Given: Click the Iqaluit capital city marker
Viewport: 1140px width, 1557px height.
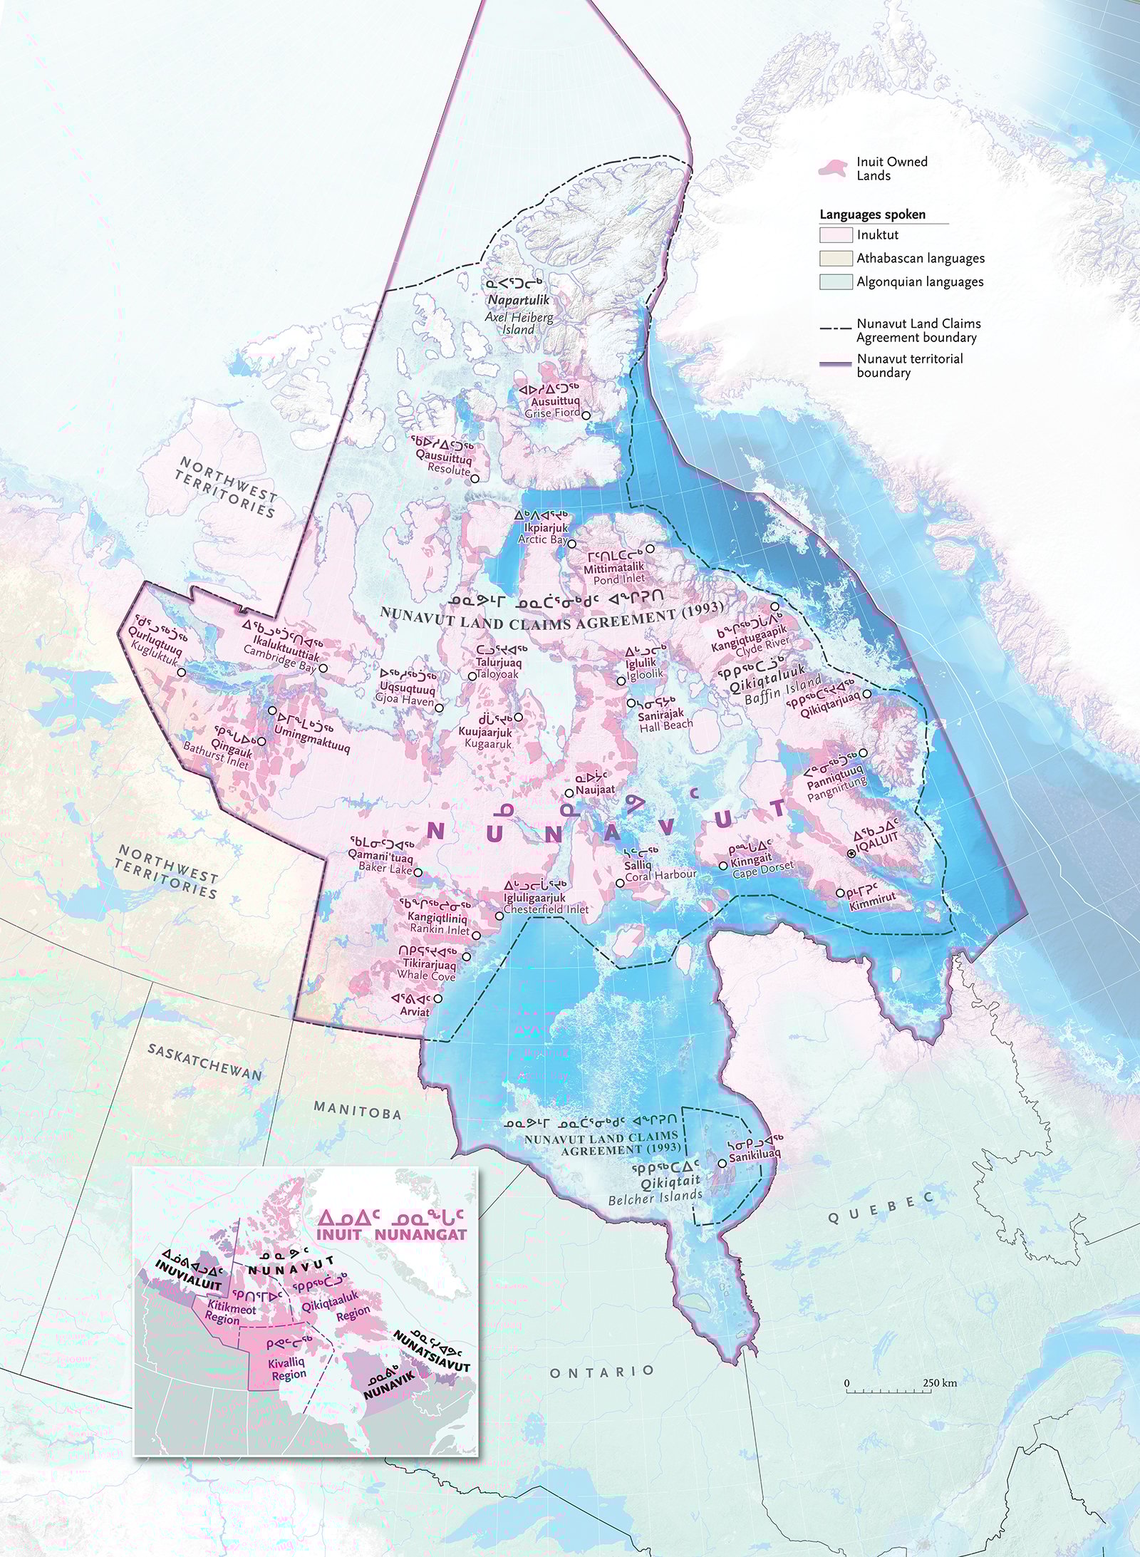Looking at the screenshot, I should coord(851,854).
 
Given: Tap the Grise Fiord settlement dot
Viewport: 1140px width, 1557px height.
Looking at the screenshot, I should coord(586,415).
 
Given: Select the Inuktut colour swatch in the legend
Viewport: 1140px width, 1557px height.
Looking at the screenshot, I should coord(836,235).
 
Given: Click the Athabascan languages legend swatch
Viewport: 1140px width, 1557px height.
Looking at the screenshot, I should coord(836,259).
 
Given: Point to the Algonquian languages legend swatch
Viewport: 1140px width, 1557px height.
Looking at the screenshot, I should coord(836,281).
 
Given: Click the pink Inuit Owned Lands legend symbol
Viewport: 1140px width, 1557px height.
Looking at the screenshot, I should coord(832,168).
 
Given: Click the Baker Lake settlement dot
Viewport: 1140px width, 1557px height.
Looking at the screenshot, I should coord(418,871).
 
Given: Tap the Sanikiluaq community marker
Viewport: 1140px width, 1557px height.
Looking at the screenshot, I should coord(722,1162).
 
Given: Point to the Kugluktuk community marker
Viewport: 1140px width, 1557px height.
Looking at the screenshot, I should coord(181,672).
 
